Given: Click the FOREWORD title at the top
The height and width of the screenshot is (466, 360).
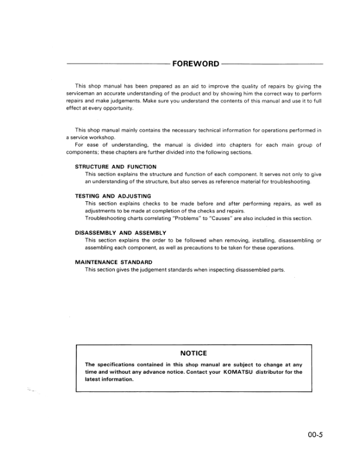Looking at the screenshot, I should click(195, 64).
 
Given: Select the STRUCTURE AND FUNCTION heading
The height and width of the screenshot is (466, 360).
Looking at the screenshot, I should click(115, 167).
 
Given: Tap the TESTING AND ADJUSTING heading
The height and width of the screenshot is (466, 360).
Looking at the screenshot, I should click(114, 196).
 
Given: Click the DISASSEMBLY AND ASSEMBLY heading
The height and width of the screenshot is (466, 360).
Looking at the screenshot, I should click(121, 233).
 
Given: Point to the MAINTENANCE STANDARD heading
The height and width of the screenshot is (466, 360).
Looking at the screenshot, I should click(114, 262).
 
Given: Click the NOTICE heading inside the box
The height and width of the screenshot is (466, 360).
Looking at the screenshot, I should click(194, 353).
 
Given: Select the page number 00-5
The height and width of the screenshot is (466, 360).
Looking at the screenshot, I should click(315, 436).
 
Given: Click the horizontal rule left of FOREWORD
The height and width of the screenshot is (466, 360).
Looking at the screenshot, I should click(117, 64).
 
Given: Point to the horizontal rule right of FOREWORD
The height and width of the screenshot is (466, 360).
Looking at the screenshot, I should click(273, 64).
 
